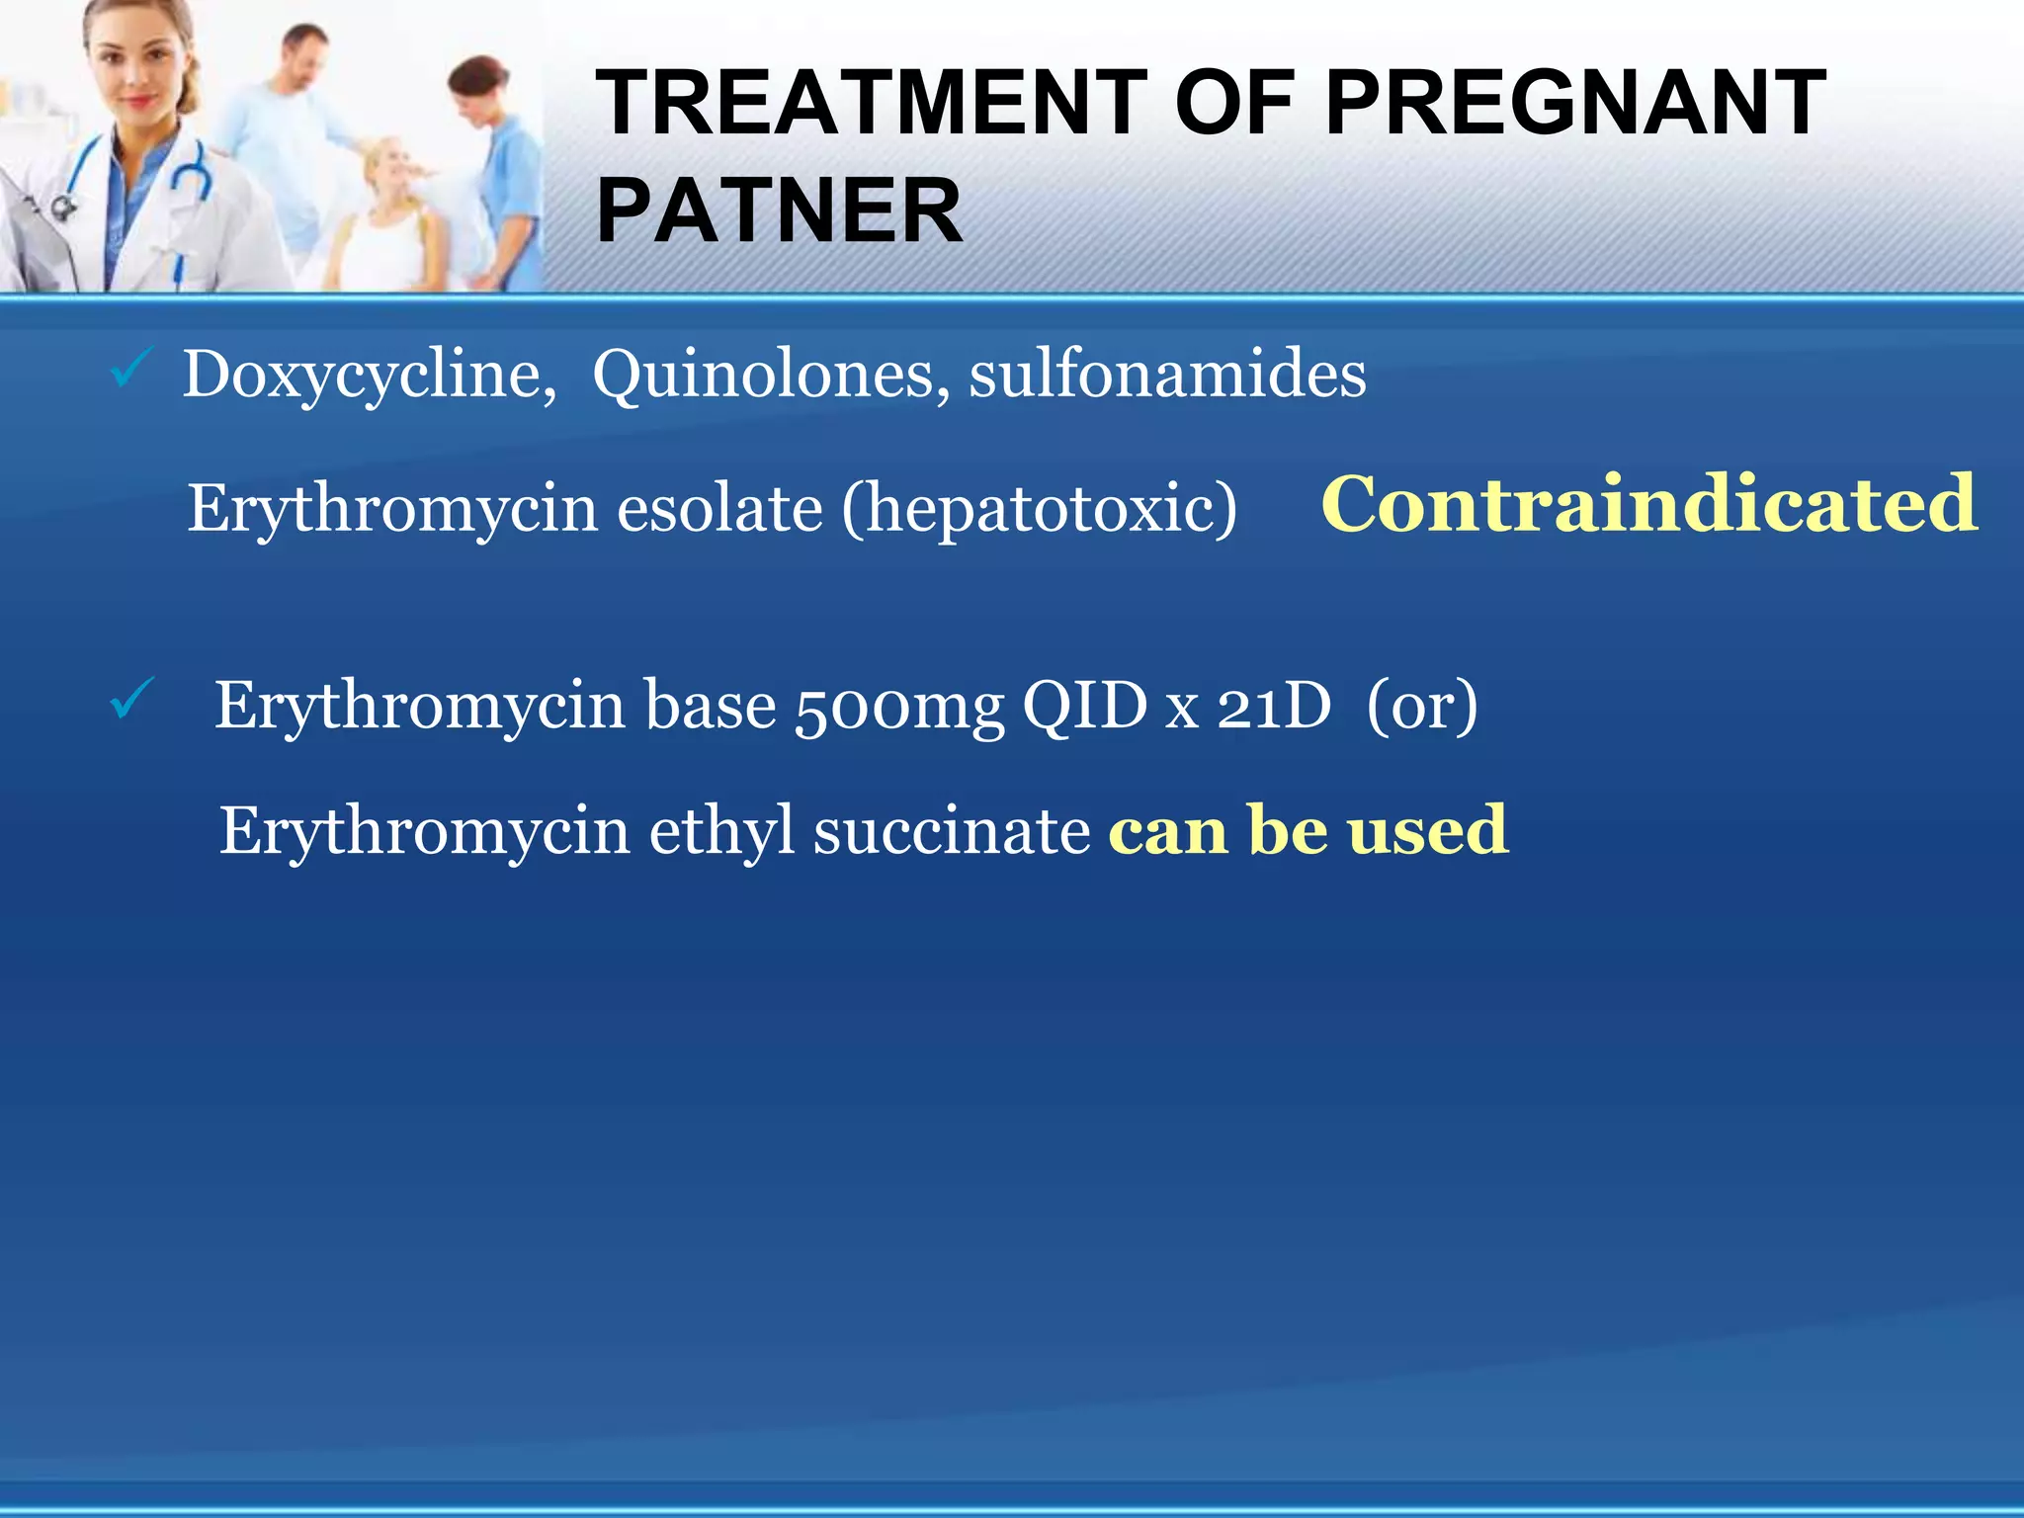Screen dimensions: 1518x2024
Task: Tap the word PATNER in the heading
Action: pyautogui.click(x=779, y=211)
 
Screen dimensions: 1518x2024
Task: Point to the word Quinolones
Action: pyautogui.click(x=763, y=376)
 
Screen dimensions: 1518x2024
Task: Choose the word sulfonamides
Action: pyautogui.click(x=1167, y=376)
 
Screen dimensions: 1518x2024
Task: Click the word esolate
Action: pyautogui.click(x=719, y=509)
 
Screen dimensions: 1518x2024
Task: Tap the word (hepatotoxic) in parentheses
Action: pyautogui.click(x=1039, y=509)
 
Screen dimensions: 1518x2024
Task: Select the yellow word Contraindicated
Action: pyautogui.click(x=1648, y=504)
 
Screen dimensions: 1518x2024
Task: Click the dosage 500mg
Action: pyautogui.click(x=899, y=707)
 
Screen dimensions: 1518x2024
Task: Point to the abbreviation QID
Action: pyautogui.click(x=1084, y=707)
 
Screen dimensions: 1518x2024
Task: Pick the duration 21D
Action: pyautogui.click(x=1274, y=707)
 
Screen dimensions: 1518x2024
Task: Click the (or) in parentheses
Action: pyautogui.click(x=1421, y=707)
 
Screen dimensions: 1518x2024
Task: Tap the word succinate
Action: pyautogui.click(x=952, y=831)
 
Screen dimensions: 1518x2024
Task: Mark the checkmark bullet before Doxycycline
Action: pyautogui.click(x=129, y=370)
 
